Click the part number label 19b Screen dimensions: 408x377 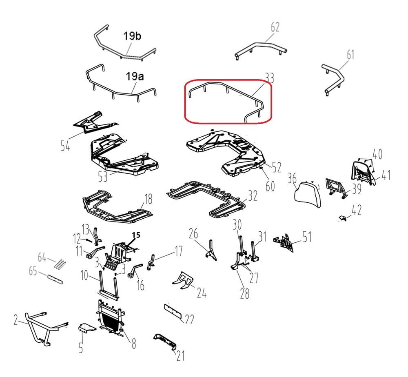pyautogui.click(x=132, y=36)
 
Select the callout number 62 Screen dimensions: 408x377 pyautogui.click(x=275, y=27)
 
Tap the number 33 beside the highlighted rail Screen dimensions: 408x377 pyautogui.click(x=269, y=78)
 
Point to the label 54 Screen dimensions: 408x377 pyautogui.click(x=65, y=145)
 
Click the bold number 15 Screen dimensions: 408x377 pyautogui.click(x=136, y=235)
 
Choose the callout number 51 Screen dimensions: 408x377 pyautogui.click(x=307, y=237)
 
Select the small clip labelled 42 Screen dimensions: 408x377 pyautogui.click(x=343, y=218)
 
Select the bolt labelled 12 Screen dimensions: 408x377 pyautogui.click(x=89, y=240)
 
